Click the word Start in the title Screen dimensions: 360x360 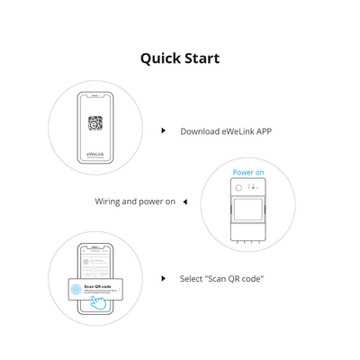201,58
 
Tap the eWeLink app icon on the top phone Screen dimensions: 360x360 95,123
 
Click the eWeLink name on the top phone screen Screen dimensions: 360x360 95,154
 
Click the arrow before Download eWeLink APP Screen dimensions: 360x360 163,131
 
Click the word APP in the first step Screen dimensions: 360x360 263,131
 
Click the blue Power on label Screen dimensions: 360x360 248,172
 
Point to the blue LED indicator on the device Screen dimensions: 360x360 254,186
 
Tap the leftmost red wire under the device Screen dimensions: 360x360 237,242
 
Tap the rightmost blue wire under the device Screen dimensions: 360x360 260,242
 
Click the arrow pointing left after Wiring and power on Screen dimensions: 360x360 184,202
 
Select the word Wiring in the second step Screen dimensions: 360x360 108,202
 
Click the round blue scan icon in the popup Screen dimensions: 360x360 76,289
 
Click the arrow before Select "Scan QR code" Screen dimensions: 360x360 163,279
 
